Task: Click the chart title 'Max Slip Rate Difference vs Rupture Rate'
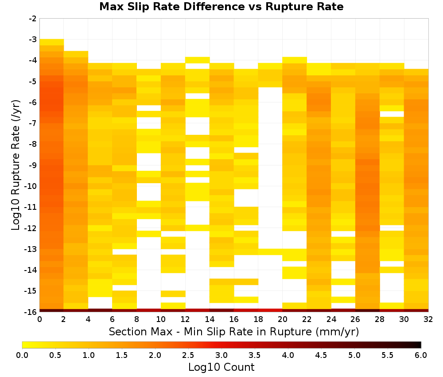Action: [x=221, y=7]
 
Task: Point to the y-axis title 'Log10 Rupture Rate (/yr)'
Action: [x=16, y=165]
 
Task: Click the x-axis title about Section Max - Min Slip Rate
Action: [x=233, y=331]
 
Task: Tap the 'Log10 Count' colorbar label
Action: [x=221, y=367]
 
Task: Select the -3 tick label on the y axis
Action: [x=33, y=39]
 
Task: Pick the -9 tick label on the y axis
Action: [x=33, y=165]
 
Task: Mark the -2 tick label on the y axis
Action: [x=33, y=19]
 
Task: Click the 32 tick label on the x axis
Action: [x=428, y=319]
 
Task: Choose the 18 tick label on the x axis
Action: [x=258, y=319]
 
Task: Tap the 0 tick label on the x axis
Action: [x=39, y=319]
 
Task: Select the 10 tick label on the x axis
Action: [x=161, y=319]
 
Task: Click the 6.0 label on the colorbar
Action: [x=421, y=355]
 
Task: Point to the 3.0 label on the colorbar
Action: [x=221, y=355]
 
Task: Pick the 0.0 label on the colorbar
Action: [x=22, y=355]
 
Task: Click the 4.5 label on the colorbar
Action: [x=321, y=355]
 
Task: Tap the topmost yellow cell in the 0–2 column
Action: [x=52, y=42]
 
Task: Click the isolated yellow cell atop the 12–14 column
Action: [x=198, y=60]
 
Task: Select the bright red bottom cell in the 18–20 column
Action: [x=270, y=310]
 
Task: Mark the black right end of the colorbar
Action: [x=419, y=345]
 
